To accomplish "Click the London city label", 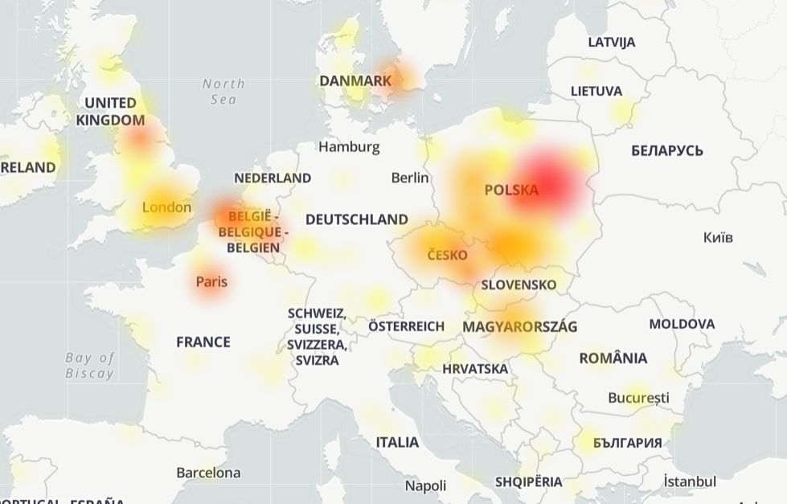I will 166,207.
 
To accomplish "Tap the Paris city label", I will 211,282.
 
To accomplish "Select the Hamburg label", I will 349,147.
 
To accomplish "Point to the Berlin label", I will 410,178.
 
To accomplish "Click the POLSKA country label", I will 511,191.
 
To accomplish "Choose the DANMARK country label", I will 355,81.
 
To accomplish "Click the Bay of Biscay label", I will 90,365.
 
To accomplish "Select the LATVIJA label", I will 612,42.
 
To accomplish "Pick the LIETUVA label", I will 596,91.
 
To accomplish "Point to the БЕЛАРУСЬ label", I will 667,150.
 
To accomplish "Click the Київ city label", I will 718,238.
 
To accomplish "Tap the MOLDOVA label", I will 682,324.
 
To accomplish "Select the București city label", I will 638,398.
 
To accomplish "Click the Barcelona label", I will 208,473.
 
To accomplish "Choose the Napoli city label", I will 425,486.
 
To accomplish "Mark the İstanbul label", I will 690,481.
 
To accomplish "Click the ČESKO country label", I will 447,256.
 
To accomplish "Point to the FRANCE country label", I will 203,342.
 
